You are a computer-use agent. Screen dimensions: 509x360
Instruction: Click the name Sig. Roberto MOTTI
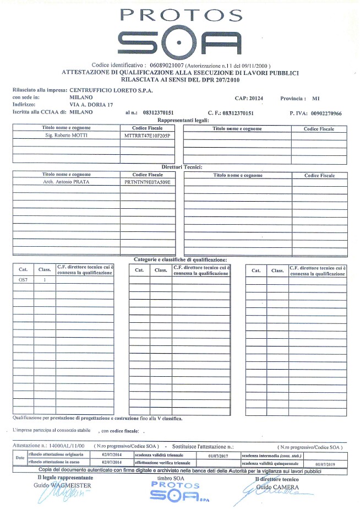[65, 135]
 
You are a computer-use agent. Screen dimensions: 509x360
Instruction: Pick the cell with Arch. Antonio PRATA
[66, 181]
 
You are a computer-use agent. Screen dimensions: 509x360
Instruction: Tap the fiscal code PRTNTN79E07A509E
[148, 181]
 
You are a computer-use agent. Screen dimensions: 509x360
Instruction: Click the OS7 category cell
[23, 279]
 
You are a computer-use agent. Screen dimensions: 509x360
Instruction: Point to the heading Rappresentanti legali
[180, 120]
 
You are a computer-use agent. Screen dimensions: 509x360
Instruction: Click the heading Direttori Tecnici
[182, 166]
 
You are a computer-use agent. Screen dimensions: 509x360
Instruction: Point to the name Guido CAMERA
[277, 488]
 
